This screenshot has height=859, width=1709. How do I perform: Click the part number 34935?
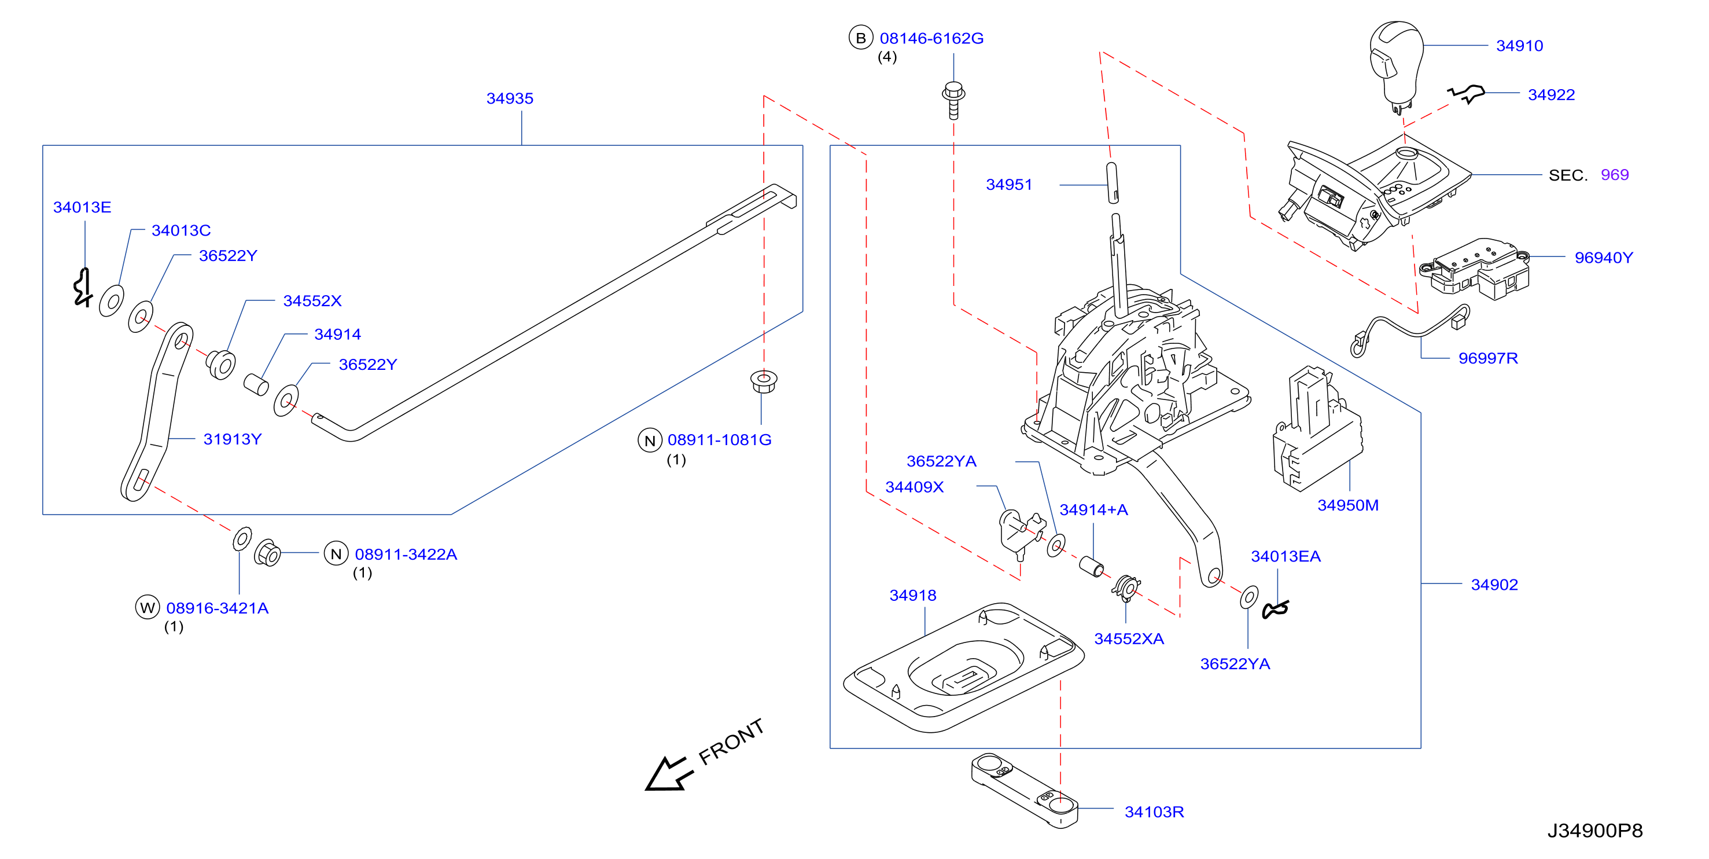point(510,98)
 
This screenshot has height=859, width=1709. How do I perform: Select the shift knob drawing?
point(1396,67)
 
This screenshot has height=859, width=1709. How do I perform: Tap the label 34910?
point(1519,46)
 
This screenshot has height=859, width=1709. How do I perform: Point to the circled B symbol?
point(860,38)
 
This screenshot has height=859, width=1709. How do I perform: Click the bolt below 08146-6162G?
point(953,100)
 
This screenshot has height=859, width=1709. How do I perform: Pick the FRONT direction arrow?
point(669,773)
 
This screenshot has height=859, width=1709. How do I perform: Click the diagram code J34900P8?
point(1595,831)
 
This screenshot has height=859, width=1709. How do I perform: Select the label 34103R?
point(1154,812)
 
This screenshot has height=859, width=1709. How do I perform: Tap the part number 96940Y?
point(1604,258)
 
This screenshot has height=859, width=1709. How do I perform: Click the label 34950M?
point(1347,505)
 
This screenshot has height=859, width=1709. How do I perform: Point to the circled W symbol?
point(148,607)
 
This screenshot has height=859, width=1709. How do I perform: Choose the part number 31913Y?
point(232,439)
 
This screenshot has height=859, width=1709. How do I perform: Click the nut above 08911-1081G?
point(764,381)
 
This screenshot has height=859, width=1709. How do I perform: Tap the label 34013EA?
point(1285,556)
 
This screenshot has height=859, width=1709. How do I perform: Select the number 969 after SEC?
point(1614,175)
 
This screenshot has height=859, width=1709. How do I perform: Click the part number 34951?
point(1008,185)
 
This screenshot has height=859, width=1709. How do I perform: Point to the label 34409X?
point(914,487)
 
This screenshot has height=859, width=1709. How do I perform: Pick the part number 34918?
point(912,596)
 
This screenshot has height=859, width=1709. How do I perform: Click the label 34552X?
point(312,301)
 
